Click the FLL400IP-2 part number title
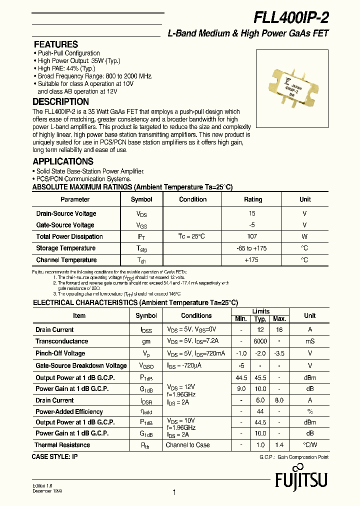click(x=291, y=17)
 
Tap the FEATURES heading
click(x=55, y=44)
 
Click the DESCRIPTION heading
click(x=60, y=102)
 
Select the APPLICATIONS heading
click(x=63, y=161)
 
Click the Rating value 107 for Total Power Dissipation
click(x=252, y=236)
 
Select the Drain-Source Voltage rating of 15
click(x=252, y=213)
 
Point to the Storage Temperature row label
click(x=65, y=248)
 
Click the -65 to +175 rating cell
click(x=252, y=248)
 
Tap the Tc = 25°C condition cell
click(x=192, y=236)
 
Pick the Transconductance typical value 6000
click(x=260, y=341)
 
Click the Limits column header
click(x=260, y=311)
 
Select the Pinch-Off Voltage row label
click(x=60, y=353)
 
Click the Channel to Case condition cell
click(x=187, y=445)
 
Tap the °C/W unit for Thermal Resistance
click(x=309, y=445)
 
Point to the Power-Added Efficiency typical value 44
click(x=260, y=411)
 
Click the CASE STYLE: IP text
click(x=55, y=456)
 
